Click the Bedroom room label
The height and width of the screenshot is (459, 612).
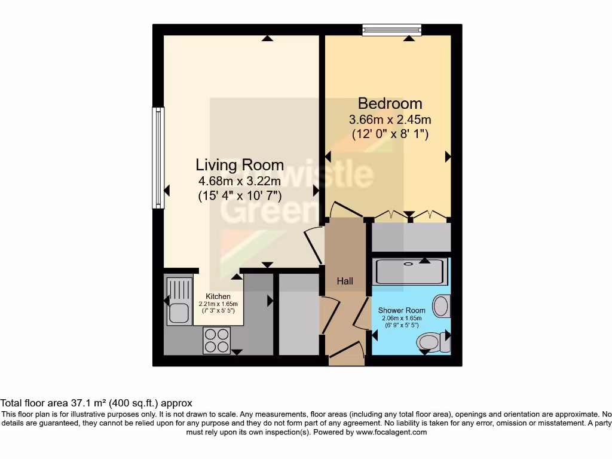(x=390, y=103)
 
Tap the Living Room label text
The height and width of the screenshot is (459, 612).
(x=240, y=164)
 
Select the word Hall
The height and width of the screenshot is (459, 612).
(x=345, y=281)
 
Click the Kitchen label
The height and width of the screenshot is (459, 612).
(x=218, y=296)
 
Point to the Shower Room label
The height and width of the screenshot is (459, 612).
(x=402, y=310)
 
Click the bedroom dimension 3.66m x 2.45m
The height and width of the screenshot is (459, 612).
(x=390, y=120)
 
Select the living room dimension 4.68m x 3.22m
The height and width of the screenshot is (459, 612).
(x=240, y=180)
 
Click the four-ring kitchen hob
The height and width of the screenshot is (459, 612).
(x=217, y=340)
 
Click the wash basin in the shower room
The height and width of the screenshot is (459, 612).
(x=442, y=305)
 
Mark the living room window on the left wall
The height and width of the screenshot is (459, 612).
(x=158, y=158)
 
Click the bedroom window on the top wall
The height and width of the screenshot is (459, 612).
(x=392, y=28)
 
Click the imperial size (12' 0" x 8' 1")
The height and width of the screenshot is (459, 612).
(x=390, y=134)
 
